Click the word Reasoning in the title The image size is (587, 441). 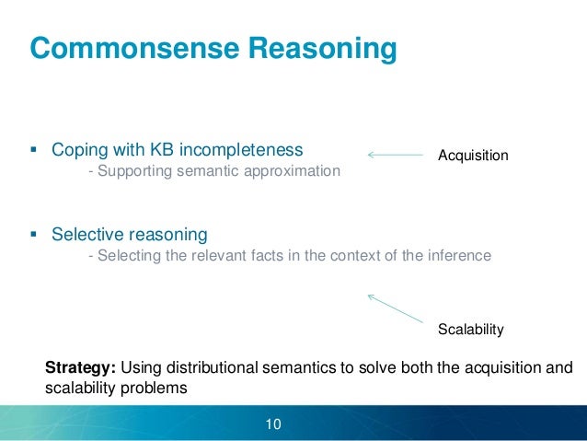[317, 48]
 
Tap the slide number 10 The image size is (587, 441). [272, 424]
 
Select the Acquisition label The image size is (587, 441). [473, 156]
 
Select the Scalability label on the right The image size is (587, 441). [471, 329]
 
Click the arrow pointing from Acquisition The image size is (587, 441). [395, 155]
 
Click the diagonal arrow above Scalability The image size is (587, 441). [397, 307]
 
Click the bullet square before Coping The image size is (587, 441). [34, 149]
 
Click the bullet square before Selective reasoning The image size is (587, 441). [34, 234]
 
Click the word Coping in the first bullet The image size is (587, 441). [76, 149]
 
